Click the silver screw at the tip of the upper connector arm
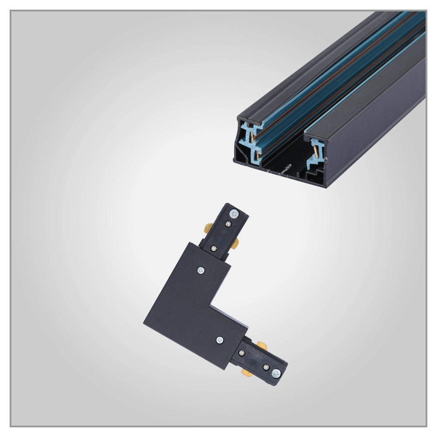tap(235, 214)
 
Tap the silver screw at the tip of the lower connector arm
tap(276, 373)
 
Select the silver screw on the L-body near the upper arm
tap(201, 271)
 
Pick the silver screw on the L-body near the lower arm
tap(219, 339)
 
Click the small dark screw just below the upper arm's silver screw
tap(228, 224)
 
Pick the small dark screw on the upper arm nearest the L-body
tap(214, 248)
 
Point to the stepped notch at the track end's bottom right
tap(314, 174)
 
